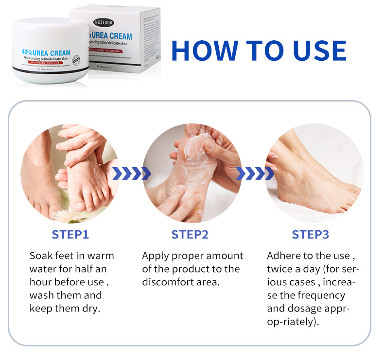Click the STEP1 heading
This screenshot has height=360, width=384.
[x=70, y=235]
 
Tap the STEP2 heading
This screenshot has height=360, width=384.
[x=190, y=235]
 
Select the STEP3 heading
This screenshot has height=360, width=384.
[x=310, y=235]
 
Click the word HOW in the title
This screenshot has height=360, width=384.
[x=202, y=50]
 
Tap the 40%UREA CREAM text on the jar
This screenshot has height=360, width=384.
[x=46, y=52]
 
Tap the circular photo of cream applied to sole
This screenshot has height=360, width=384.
[x=192, y=172]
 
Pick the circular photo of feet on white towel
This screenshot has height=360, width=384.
[x=314, y=172]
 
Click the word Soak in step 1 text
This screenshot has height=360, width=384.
[x=40, y=256]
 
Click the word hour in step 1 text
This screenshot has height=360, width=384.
[x=40, y=282]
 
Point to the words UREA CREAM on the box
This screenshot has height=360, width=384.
[x=111, y=36]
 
